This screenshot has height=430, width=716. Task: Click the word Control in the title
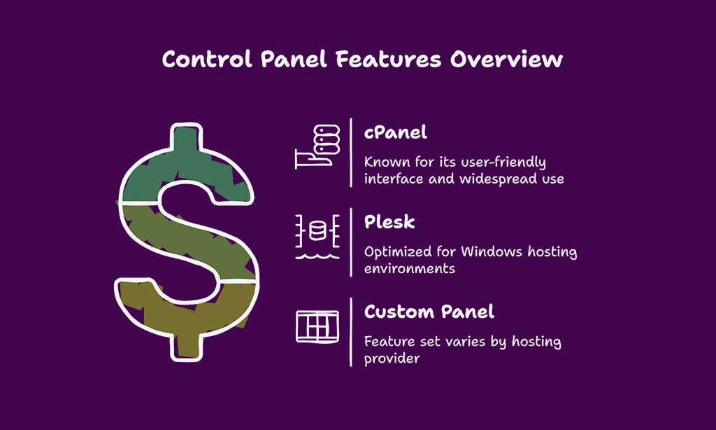click(207, 60)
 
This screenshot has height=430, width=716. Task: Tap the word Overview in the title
click(506, 60)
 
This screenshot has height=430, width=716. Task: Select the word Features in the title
click(388, 60)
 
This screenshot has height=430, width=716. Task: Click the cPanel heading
click(396, 132)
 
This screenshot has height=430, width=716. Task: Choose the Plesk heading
click(389, 222)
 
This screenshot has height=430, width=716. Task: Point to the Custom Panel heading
click(429, 312)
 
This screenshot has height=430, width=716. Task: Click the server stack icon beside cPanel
click(317, 146)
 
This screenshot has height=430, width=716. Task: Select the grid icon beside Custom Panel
click(317, 326)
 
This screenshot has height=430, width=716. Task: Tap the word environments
click(410, 268)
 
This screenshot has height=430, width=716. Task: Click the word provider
click(392, 359)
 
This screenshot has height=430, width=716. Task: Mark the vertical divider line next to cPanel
click(351, 153)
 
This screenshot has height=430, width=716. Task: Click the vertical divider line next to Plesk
click(351, 242)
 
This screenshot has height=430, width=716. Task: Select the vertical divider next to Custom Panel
click(351, 332)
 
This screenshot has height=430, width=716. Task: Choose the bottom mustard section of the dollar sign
click(187, 316)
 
